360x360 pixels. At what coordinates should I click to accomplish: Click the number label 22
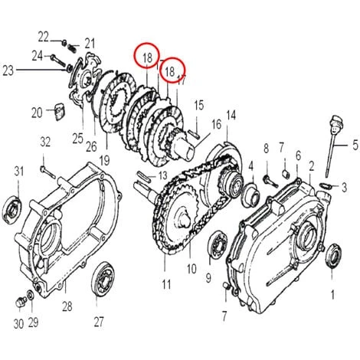point(43,38)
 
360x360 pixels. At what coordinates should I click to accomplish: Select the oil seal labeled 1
point(332,256)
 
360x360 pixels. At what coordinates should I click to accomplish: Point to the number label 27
point(99,322)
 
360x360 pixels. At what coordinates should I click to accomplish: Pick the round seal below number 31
point(12,208)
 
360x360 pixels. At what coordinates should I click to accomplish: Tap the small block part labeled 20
point(60,111)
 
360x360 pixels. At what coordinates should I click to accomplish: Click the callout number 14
point(231,116)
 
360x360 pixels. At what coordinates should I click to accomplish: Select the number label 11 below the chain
point(166,284)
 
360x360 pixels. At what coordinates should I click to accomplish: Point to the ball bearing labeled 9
point(218,244)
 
